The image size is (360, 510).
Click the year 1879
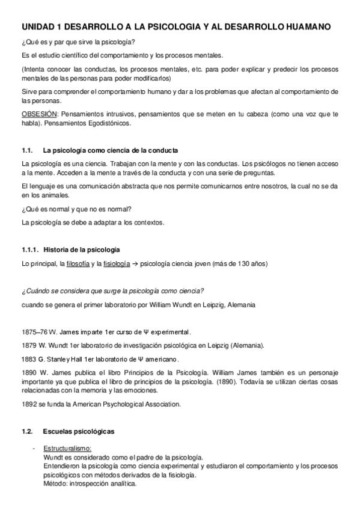coord(29,345)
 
